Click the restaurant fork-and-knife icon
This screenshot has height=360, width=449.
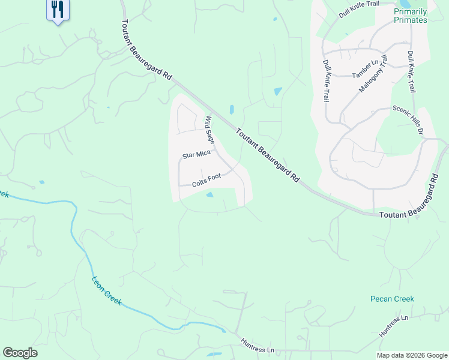coord(58,10)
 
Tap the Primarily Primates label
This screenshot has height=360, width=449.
coord(411,16)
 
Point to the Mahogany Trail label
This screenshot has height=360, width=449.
coord(374,73)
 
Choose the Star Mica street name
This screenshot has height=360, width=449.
coord(196,155)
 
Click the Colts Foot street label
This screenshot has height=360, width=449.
coord(206,179)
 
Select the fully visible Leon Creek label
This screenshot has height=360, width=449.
coord(107,291)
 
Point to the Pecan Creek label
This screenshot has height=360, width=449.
coord(392,299)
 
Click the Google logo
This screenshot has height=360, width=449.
coord(20,353)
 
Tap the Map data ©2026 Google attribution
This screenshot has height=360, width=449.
coord(411,355)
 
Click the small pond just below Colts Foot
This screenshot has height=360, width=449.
coord(209,194)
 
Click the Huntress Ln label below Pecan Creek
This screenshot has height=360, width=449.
coord(394,326)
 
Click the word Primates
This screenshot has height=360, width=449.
coord(411,20)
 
